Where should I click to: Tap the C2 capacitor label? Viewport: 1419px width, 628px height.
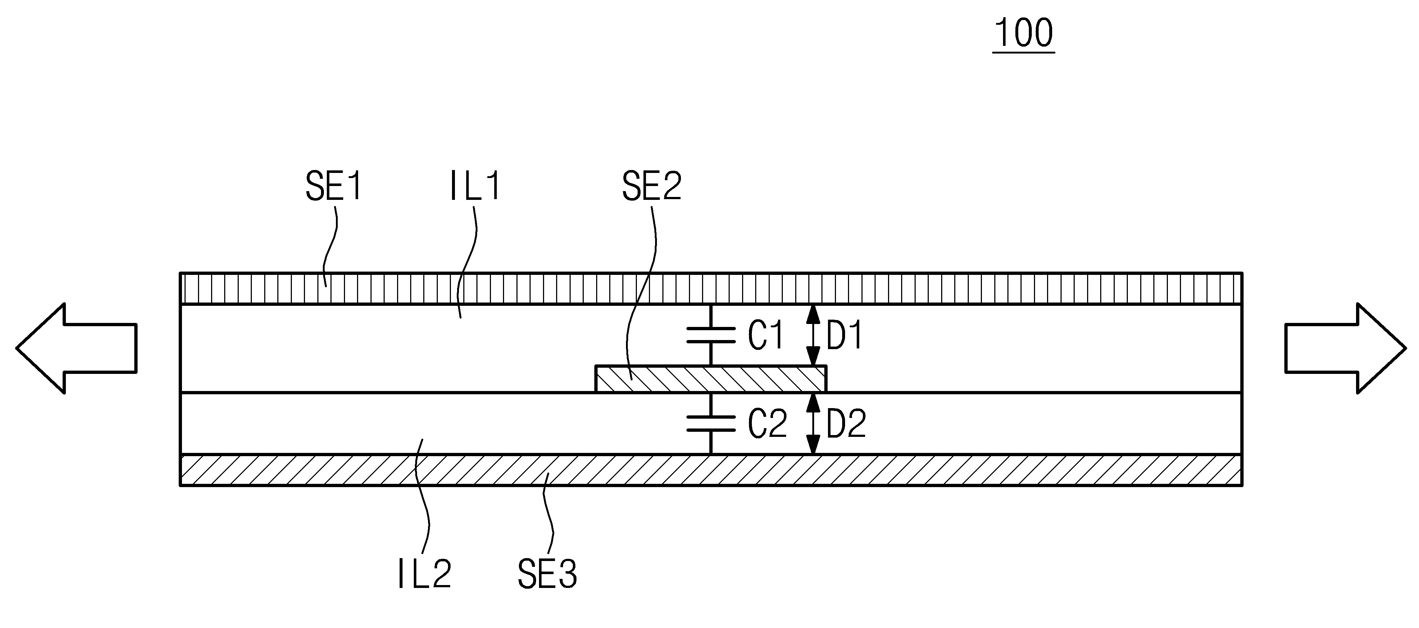pos(767,424)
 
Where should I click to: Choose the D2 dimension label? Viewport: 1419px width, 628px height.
pos(847,424)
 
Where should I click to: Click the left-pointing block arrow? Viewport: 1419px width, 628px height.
pos(76,348)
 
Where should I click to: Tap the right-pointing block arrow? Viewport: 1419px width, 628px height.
pos(1345,348)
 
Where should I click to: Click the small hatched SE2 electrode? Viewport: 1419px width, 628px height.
pos(711,379)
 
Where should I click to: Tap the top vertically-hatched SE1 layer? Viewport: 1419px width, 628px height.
pos(711,288)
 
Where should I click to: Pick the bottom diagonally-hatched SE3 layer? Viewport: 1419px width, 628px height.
pos(711,470)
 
